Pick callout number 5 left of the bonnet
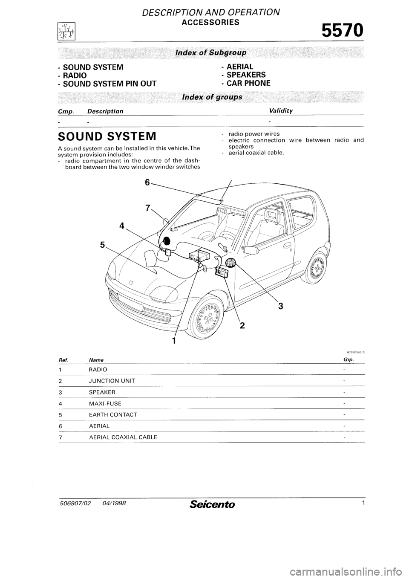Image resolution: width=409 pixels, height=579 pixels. pyautogui.click(x=103, y=245)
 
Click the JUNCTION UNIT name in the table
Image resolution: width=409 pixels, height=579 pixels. pyautogui.click(x=112, y=381)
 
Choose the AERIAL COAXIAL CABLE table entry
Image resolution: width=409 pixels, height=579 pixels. pyautogui.click(x=123, y=437)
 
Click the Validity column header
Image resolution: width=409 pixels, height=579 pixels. pyautogui.click(x=281, y=111)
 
